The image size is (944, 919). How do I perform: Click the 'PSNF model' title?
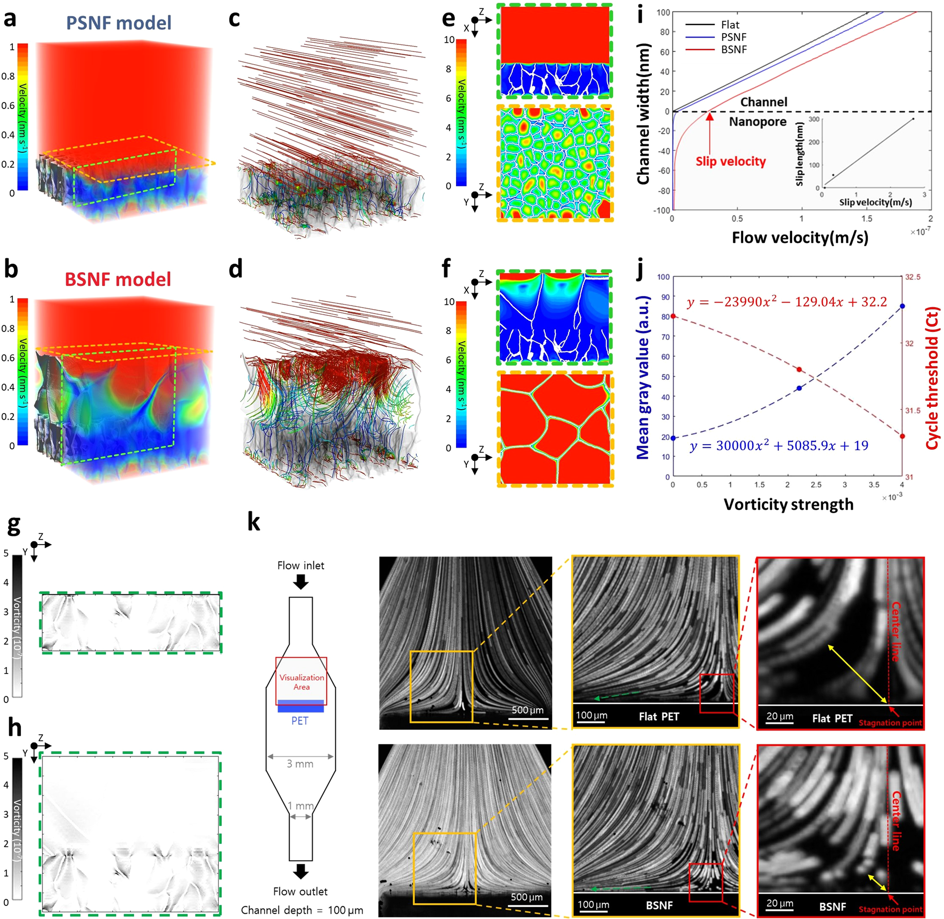[x=118, y=23]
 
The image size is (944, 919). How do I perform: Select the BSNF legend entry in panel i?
[x=733, y=49]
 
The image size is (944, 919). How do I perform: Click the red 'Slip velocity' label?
[x=730, y=162]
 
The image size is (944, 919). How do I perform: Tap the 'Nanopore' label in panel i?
[x=757, y=122]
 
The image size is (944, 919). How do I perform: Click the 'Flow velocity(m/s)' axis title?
[x=800, y=237]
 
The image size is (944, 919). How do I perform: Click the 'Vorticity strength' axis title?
[x=788, y=505]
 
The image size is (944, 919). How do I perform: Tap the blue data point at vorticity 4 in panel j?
[x=902, y=306]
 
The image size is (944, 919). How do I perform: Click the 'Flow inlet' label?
[x=301, y=565]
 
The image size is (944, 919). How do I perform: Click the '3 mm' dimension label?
[x=300, y=764]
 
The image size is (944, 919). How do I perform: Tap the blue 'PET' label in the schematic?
[x=300, y=721]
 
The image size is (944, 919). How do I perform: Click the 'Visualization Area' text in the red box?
[x=302, y=682]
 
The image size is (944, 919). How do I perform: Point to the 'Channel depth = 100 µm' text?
[x=302, y=911]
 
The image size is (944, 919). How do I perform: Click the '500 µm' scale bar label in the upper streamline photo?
[x=528, y=710]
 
